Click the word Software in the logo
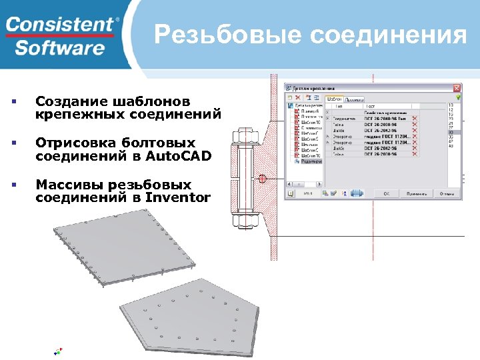click(60, 48)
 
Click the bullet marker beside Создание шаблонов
click(13, 101)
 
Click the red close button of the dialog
click(457, 87)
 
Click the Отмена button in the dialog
click(447, 193)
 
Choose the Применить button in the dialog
click(415, 193)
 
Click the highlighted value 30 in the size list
click(451, 133)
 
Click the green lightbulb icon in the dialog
click(459, 97)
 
